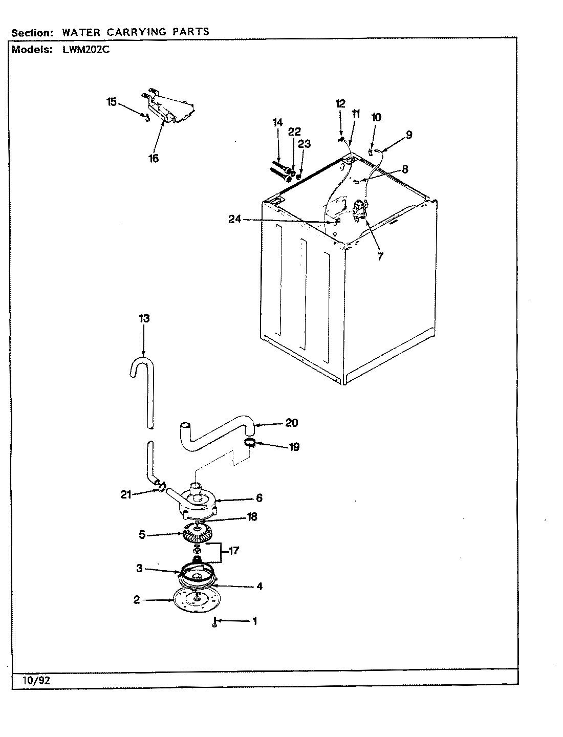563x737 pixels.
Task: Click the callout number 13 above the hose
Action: [x=144, y=318]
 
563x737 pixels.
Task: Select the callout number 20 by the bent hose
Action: [x=292, y=423]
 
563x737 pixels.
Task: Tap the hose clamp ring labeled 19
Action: [x=249, y=443]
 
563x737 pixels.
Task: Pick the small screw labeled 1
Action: [x=215, y=623]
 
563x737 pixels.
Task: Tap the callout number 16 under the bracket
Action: [x=154, y=158]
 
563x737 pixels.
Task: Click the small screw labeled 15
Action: [x=147, y=118]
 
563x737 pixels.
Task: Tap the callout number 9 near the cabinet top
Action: [x=408, y=135]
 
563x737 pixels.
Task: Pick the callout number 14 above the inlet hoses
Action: [x=277, y=122]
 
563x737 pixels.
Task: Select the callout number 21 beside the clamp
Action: [x=126, y=494]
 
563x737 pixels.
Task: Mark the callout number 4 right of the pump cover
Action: [x=259, y=587]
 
